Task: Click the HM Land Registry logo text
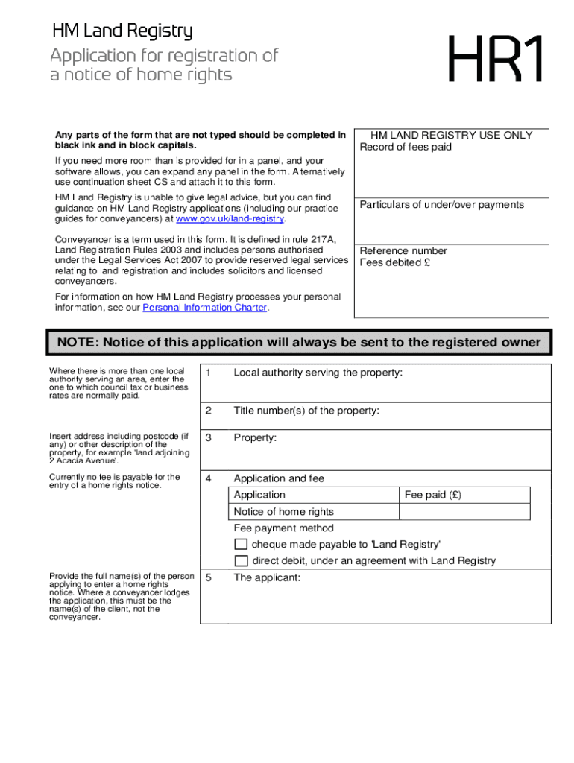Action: tap(122, 31)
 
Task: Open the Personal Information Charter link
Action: tap(204, 308)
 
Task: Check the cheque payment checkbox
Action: tap(241, 544)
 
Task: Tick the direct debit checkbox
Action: tap(241, 561)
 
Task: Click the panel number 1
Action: tap(209, 373)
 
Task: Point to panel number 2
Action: tap(209, 411)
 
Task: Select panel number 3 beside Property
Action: tap(209, 438)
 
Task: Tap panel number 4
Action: tap(209, 478)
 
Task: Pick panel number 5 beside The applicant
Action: tap(209, 577)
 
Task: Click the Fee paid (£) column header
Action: tap(433, 495)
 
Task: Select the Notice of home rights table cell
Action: tap(284, 512)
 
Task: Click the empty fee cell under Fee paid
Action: tap(464, 512)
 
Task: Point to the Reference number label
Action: tap(403, 251)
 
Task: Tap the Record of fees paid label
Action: tap(406, 147)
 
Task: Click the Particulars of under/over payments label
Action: tap(442, 205)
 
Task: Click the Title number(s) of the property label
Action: tap(306, 411)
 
